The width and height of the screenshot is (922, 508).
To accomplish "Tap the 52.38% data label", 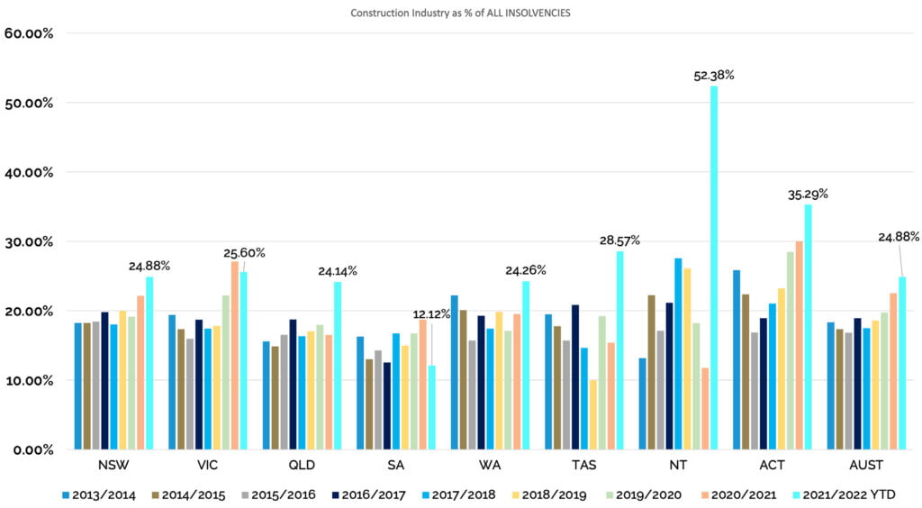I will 714,75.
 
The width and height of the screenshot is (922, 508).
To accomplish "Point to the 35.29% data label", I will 808,194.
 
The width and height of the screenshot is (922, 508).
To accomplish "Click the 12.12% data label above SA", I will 431,313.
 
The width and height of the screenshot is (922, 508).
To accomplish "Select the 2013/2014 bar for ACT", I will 737,359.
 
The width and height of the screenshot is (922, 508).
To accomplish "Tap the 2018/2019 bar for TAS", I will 593,414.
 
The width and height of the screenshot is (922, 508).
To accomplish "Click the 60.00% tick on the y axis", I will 30,33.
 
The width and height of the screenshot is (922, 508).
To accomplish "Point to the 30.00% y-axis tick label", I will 30,241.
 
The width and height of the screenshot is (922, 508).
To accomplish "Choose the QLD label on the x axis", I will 302,466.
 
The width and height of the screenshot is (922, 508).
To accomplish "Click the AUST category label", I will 865,466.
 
